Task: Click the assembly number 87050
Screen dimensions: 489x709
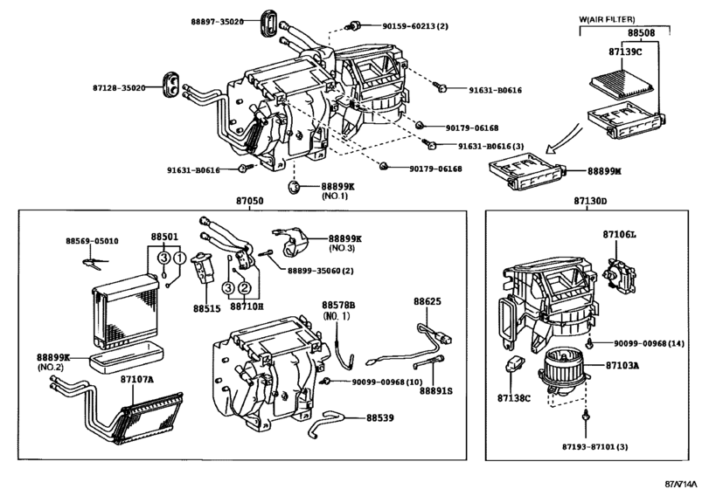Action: (246, 201)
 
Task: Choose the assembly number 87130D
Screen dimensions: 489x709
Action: (591, 201)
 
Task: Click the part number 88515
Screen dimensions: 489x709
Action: (207, 307)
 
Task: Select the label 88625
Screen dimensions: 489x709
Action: (427, 301)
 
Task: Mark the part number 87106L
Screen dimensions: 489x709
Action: (620, 235)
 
